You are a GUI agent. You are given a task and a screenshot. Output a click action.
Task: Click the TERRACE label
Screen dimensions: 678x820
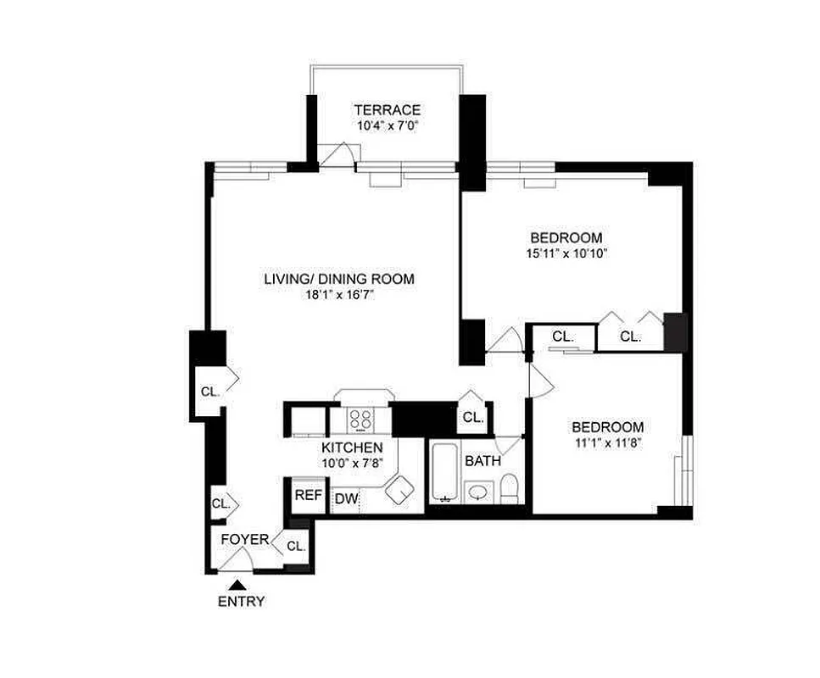click(x=387, y=110)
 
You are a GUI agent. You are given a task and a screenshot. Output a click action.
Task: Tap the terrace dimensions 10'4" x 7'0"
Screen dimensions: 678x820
click(x=387, y=126)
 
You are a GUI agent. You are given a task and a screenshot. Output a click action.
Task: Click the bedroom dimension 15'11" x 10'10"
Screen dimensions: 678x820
click(x=566, y=253)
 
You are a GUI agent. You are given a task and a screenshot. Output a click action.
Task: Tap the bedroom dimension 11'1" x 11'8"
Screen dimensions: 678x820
click(x=606, y=442)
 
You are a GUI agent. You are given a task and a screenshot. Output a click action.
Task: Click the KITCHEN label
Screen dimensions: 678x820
click(x=351, y=447)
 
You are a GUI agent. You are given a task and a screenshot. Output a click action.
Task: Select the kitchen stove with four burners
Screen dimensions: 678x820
click(x=362, y=420)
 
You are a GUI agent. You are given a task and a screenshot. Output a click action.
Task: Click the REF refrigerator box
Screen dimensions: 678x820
click(x=308, y=496)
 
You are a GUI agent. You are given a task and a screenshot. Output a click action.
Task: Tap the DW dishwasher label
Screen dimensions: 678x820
click(x=346, y=499)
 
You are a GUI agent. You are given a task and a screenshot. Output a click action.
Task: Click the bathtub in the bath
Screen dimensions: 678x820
click(x=443, y=472)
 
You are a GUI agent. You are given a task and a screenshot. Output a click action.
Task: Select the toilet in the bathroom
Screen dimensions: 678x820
click(x=509, y=487)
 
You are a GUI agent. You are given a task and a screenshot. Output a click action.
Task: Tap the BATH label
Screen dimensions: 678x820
click(x=482, y=461)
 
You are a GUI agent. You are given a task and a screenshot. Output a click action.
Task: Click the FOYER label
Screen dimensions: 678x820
click(x=245, y=540)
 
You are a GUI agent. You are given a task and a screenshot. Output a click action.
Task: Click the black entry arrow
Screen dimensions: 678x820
click(x=240, y=584)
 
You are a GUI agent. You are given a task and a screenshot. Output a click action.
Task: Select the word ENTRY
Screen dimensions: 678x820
click(x=241, y=602)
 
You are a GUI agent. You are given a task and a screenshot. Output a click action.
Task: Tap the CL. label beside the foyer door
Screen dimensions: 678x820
click(x=295, y=546)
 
